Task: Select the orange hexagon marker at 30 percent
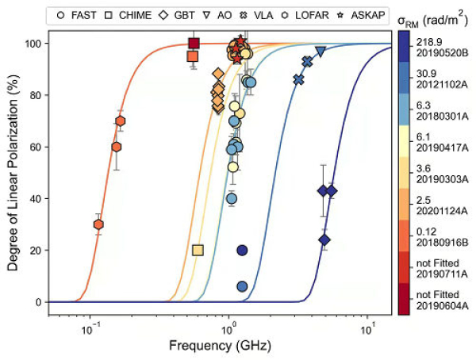pyautogui.click(x=98, y=224)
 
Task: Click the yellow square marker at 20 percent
pyautogui.click(x=198, y=250)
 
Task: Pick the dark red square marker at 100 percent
pyautogui.click(x=193, y=43)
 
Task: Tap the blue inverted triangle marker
pyautogui.click(x=321, y=51)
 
